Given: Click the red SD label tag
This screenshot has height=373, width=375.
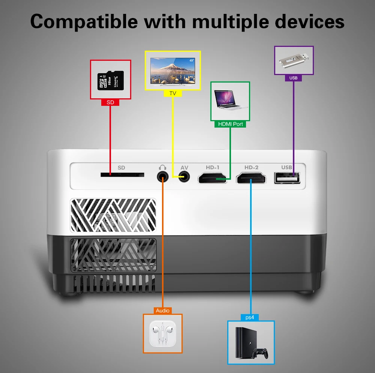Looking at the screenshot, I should pos(110,102).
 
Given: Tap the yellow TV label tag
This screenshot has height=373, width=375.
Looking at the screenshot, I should pos(173,93).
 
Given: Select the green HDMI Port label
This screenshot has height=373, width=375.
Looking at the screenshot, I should pos(230,124).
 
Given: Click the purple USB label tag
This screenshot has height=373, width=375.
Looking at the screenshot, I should pos(294,78).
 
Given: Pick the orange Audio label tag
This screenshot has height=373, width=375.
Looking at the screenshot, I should pos(163,311).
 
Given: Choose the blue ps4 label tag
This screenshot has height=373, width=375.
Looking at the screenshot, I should pos(250,317).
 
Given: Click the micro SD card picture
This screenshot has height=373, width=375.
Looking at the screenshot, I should pos(110,80).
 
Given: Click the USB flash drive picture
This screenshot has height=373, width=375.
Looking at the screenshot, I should pos(294,60).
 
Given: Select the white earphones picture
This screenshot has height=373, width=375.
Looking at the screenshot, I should pos(163,333).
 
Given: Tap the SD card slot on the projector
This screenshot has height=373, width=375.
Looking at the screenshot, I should pos(122,175).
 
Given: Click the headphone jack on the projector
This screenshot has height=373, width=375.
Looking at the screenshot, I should pos(162,176).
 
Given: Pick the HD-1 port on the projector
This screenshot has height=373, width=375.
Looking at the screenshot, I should pos(213,178).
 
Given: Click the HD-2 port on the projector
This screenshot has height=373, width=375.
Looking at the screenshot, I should pos(251,178).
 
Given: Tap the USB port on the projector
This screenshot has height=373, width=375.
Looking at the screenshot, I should pos(287,177).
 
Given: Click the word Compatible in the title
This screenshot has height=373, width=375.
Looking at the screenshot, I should pos(84,21).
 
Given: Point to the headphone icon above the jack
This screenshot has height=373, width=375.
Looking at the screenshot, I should pos(162,167).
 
